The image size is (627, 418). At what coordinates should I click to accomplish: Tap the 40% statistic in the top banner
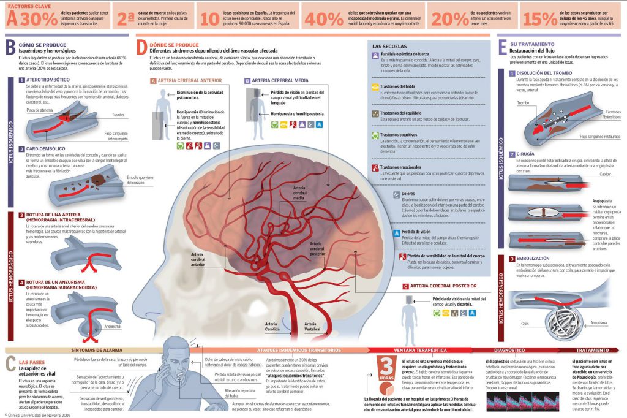pyautogui.click(x=324, y=19)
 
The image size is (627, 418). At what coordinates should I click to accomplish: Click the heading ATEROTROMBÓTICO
pyautogui.click(x=49, y=80)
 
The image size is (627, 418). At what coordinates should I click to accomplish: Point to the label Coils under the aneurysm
pyautogui.click(x=524, y=323)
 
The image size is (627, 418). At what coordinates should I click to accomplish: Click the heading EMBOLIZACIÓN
pyautogui.click(x=534, y=259)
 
